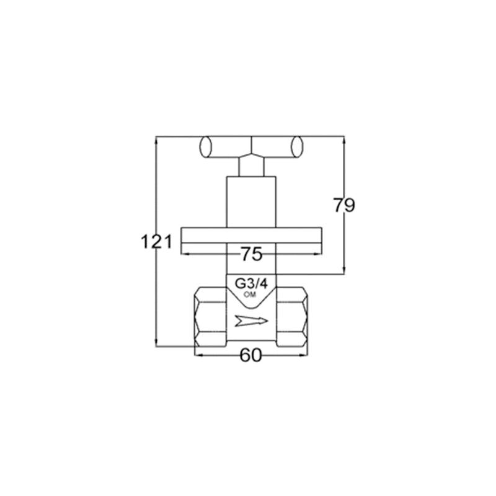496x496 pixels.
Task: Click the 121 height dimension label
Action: click(157, 242)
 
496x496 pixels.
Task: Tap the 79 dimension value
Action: click(344, 205)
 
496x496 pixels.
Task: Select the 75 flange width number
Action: click(252, 254)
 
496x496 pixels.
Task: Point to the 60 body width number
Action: click(251, 355)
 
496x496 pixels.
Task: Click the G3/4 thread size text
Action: click(251, 284)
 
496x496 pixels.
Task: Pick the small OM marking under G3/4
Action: click(250, 295)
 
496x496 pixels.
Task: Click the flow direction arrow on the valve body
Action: click(251, 321)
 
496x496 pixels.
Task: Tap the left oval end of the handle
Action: click(205, 147)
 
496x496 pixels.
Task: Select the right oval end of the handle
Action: click(297, 146)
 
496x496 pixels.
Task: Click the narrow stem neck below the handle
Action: click(251, 167)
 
